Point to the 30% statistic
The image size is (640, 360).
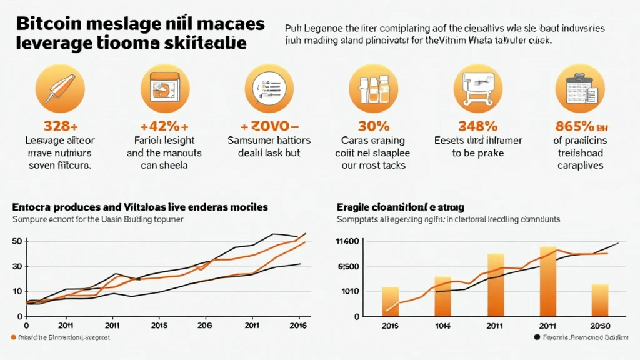(374, 126)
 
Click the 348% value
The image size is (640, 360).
(477, 126)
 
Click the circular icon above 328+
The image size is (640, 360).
(59, 88)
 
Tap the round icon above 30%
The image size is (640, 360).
(373, 88)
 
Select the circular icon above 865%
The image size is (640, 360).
(580, 88)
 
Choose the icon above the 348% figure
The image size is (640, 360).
(477, 88)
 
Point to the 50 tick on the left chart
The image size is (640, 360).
(17, 242)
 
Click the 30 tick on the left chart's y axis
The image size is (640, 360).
(17, 267)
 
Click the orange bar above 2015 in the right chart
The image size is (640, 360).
(390, 301)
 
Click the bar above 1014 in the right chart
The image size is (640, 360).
(442, 296)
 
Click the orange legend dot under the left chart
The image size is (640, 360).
(14, 337)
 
